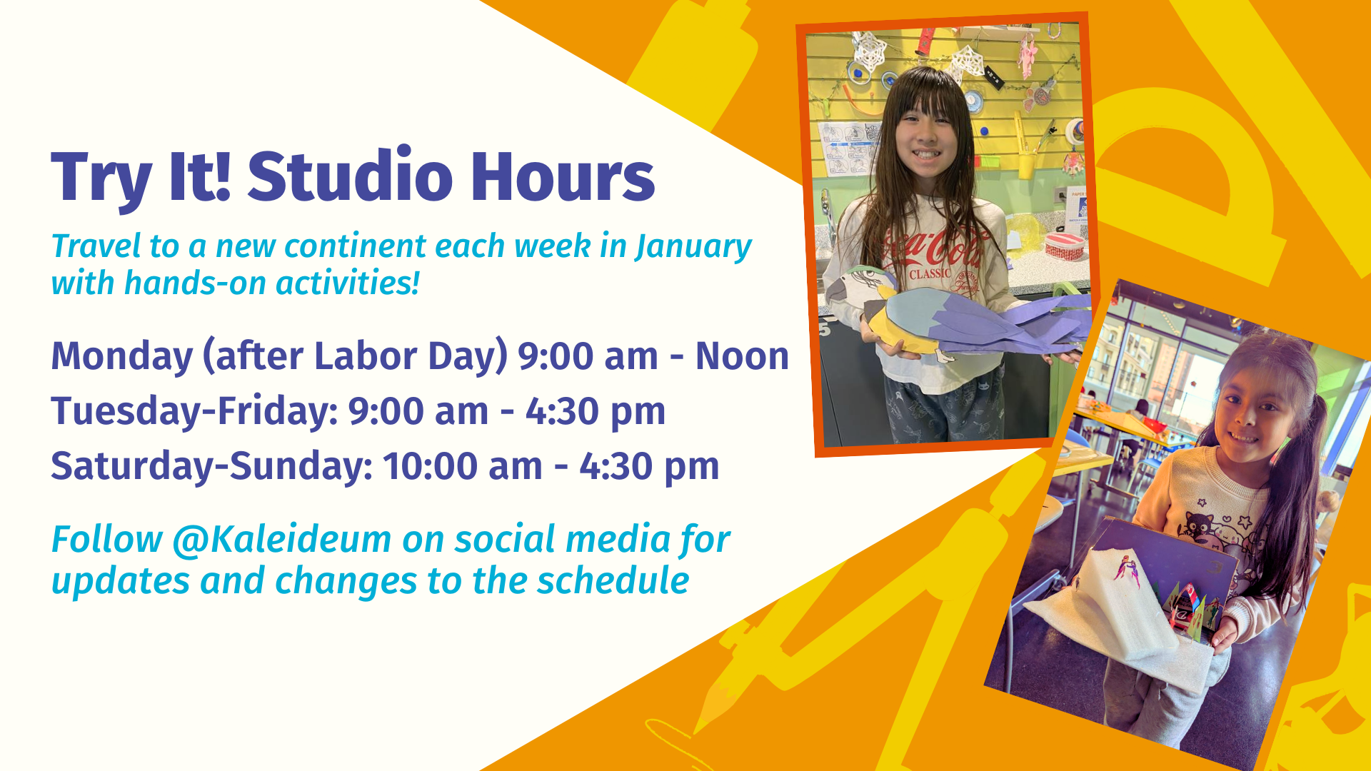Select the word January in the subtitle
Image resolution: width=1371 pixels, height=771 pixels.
click(693, 247)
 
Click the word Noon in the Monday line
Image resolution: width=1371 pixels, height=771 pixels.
click(742, 356)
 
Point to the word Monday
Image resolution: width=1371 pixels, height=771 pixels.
click(121, 356)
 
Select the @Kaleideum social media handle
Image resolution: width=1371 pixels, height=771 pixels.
click(281, 540)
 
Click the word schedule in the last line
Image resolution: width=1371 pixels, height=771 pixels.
click(613, 580)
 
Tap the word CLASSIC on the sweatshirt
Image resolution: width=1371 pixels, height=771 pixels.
click(930, 273)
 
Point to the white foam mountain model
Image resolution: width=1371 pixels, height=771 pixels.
click(1114, 607)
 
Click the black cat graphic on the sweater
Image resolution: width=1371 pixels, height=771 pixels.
click(1192, 529)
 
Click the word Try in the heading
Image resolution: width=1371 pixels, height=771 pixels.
click(101, 178)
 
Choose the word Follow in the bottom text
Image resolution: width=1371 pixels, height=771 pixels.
click(107, 539)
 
